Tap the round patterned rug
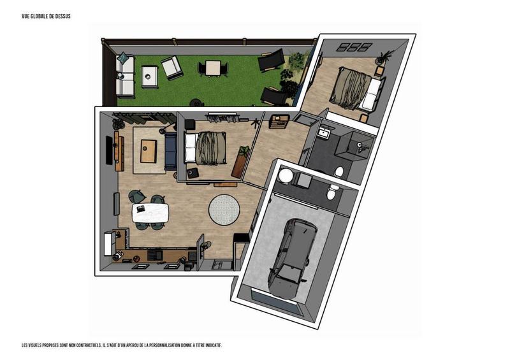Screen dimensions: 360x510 click(x=224, y=208)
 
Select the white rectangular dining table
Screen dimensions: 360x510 click(x=151, y=213)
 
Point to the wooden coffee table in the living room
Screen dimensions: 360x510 click(x=149, y=150)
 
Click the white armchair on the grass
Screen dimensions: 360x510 click(x=171, y=66)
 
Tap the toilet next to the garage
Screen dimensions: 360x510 click(x=331, y=191)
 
